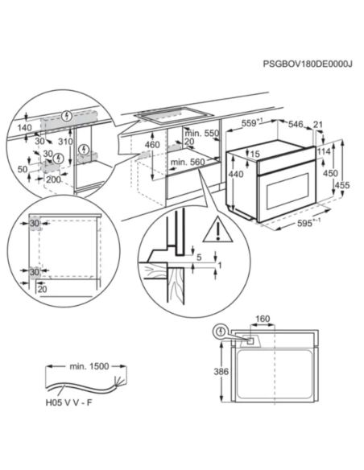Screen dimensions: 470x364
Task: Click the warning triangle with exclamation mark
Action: click(x=215, y=233)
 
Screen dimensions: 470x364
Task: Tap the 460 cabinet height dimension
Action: click(x=151, y=146)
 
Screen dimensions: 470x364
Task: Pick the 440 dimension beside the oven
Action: click(x=234, y=175)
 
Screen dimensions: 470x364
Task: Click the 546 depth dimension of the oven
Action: click(x=296, y=125)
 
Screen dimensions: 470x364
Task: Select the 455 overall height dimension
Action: click(x=342, y=184)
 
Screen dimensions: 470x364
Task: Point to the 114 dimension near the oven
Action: click(x=325, y=153)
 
